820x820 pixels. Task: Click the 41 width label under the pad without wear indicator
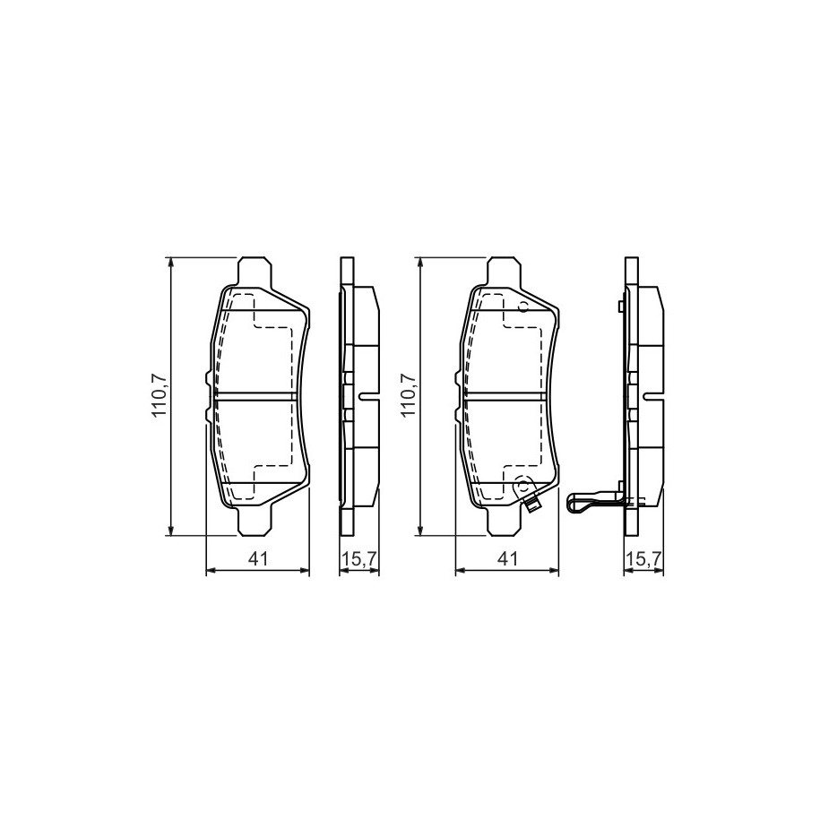point(258,558)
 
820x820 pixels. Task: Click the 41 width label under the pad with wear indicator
point(507,558)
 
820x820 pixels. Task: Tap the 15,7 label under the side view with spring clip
point(644,558)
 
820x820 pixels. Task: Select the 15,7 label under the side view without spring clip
point(359,558)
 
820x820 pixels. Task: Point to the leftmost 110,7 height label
point(159,396)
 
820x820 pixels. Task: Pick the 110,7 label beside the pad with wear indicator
point(409,396)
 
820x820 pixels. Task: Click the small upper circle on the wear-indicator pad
point(522,307)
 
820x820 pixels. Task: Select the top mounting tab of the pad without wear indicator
point(255,272)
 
